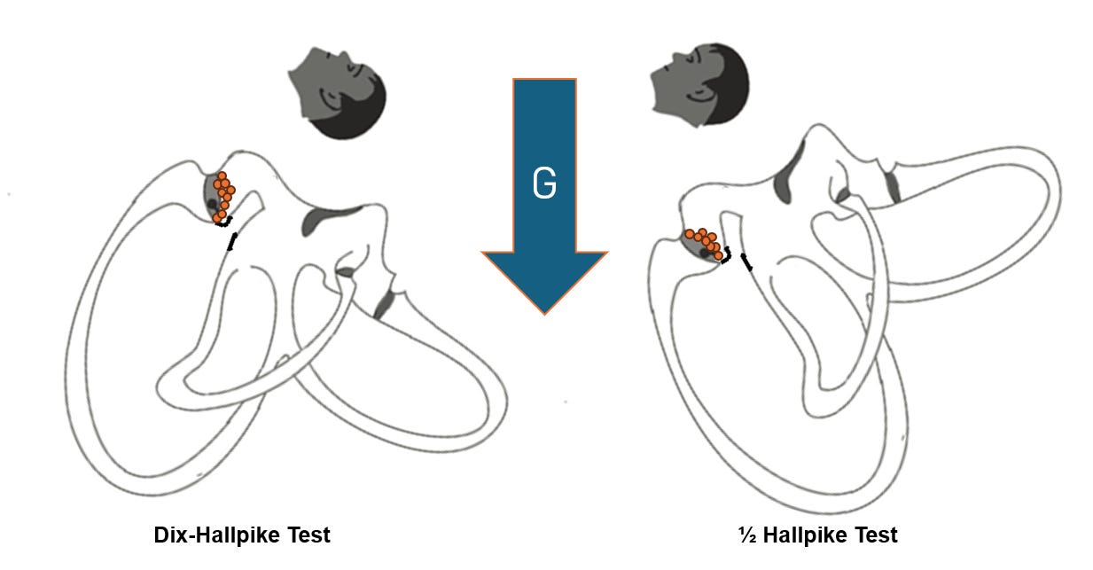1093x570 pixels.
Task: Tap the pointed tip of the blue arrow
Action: [x=544, y=311]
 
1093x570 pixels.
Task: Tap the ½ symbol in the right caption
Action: [x=746, y=535]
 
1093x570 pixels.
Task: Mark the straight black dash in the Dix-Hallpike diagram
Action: [x=232, y=242]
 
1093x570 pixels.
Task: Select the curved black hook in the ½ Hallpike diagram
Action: [x=727, y=257]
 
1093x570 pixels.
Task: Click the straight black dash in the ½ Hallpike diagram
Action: [x=747, y=262]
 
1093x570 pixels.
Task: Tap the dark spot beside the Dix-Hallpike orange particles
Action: [x=213, y=205]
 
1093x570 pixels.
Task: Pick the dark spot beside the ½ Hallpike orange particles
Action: [x=706, y=254]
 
